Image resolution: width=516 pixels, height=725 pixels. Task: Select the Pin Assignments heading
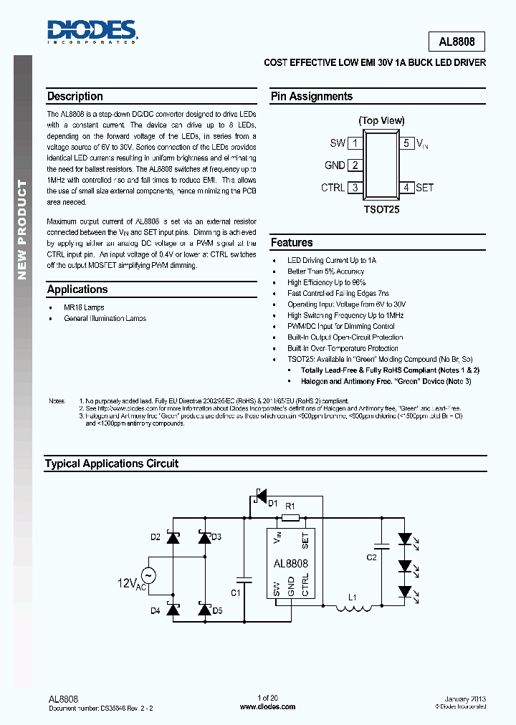pyautogui.click(x=311, y=97)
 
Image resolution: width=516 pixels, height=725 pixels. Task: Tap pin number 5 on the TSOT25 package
pyautogui.click(x=406, y=143)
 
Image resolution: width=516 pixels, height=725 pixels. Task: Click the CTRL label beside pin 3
pyautogui.click(x=333, y=188)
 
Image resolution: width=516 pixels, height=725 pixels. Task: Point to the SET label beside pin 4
pyautogui.click(x=424, y=188)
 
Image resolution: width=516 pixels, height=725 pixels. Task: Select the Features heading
pyautogui.click(x=292, y=243)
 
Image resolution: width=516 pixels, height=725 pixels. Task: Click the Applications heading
pyautogui.click(x=77, y=289)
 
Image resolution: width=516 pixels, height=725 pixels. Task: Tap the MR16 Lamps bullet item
pyautogui.click(x=84, y=307)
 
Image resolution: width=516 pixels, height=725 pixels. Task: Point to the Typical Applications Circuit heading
pyautogui.click(x=112, y=464)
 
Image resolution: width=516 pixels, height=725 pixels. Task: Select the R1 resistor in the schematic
pyautogui.click(x=290, y=517)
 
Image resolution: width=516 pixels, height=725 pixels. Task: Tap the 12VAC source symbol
pyautogui.click(x=149, y=575)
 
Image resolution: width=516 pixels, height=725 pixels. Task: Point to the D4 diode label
pyautogui.click(x=156, y=610)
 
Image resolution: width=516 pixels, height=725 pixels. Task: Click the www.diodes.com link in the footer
pyautogui.click(x=267, y=706)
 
